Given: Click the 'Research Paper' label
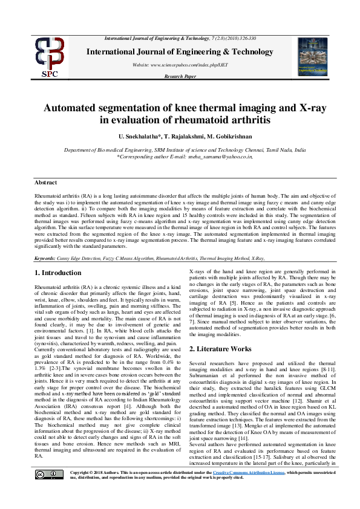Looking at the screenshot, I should click(x=180, y=77).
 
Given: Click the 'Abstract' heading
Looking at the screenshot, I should click(x=46, y=182).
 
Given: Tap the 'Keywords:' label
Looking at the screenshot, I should click(x=45, y=258).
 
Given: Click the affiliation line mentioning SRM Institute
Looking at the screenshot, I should click(x=180, y=149).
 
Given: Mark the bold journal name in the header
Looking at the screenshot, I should click(x=180, y=51).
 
